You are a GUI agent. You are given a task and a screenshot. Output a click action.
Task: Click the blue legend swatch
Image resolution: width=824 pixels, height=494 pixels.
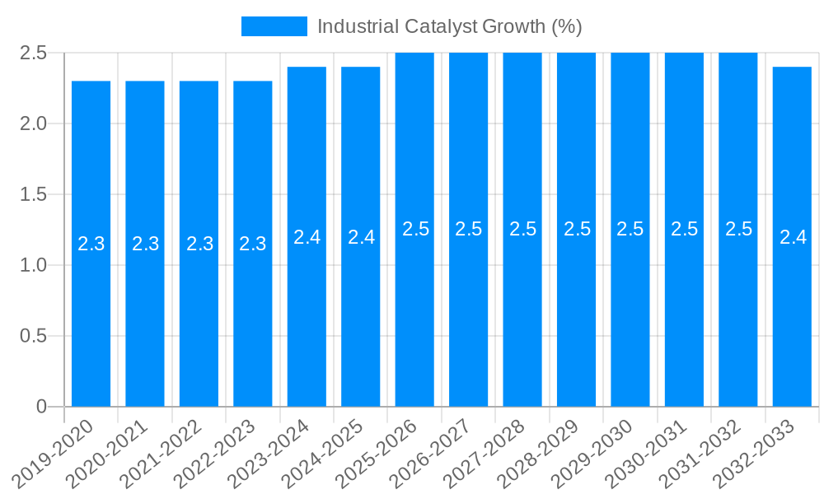click(x=274, y=26)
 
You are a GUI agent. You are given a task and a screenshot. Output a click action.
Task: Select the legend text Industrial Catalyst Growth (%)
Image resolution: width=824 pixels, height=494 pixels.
click(x=449, y=26)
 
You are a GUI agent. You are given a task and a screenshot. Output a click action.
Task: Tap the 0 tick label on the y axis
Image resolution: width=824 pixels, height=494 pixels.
click(x=42, y=407)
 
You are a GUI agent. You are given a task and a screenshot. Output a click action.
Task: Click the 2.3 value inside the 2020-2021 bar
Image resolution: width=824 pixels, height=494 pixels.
click(x=146, y=244)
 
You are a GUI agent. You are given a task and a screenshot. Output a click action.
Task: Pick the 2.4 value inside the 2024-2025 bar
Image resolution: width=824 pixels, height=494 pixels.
click(x=361, y=237)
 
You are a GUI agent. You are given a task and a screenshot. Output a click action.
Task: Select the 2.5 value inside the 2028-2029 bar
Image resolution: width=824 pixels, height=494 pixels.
click(x=577, y=229)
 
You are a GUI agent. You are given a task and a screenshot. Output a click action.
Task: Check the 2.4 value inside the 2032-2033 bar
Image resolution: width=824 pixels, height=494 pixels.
click(x=793, y=237)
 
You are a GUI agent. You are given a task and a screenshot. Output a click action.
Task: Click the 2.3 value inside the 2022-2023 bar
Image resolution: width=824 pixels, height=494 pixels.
click(x=253, y=244)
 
